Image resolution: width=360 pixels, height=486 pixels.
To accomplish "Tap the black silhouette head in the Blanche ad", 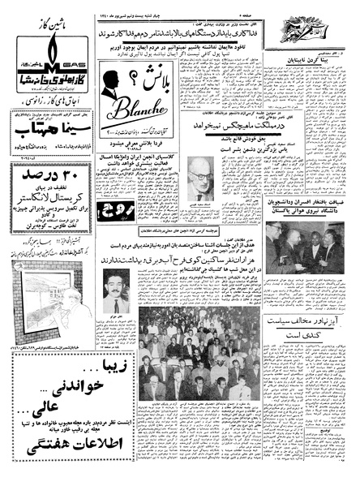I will tap(105, 98).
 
